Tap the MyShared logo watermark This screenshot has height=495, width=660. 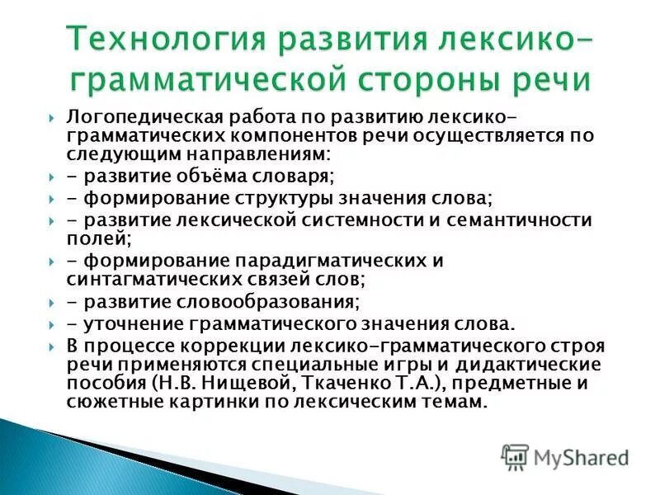(x=565, y=455)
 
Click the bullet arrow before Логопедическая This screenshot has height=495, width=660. (x=51, y=116)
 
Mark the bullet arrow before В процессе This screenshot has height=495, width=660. (x=51, y=344)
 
